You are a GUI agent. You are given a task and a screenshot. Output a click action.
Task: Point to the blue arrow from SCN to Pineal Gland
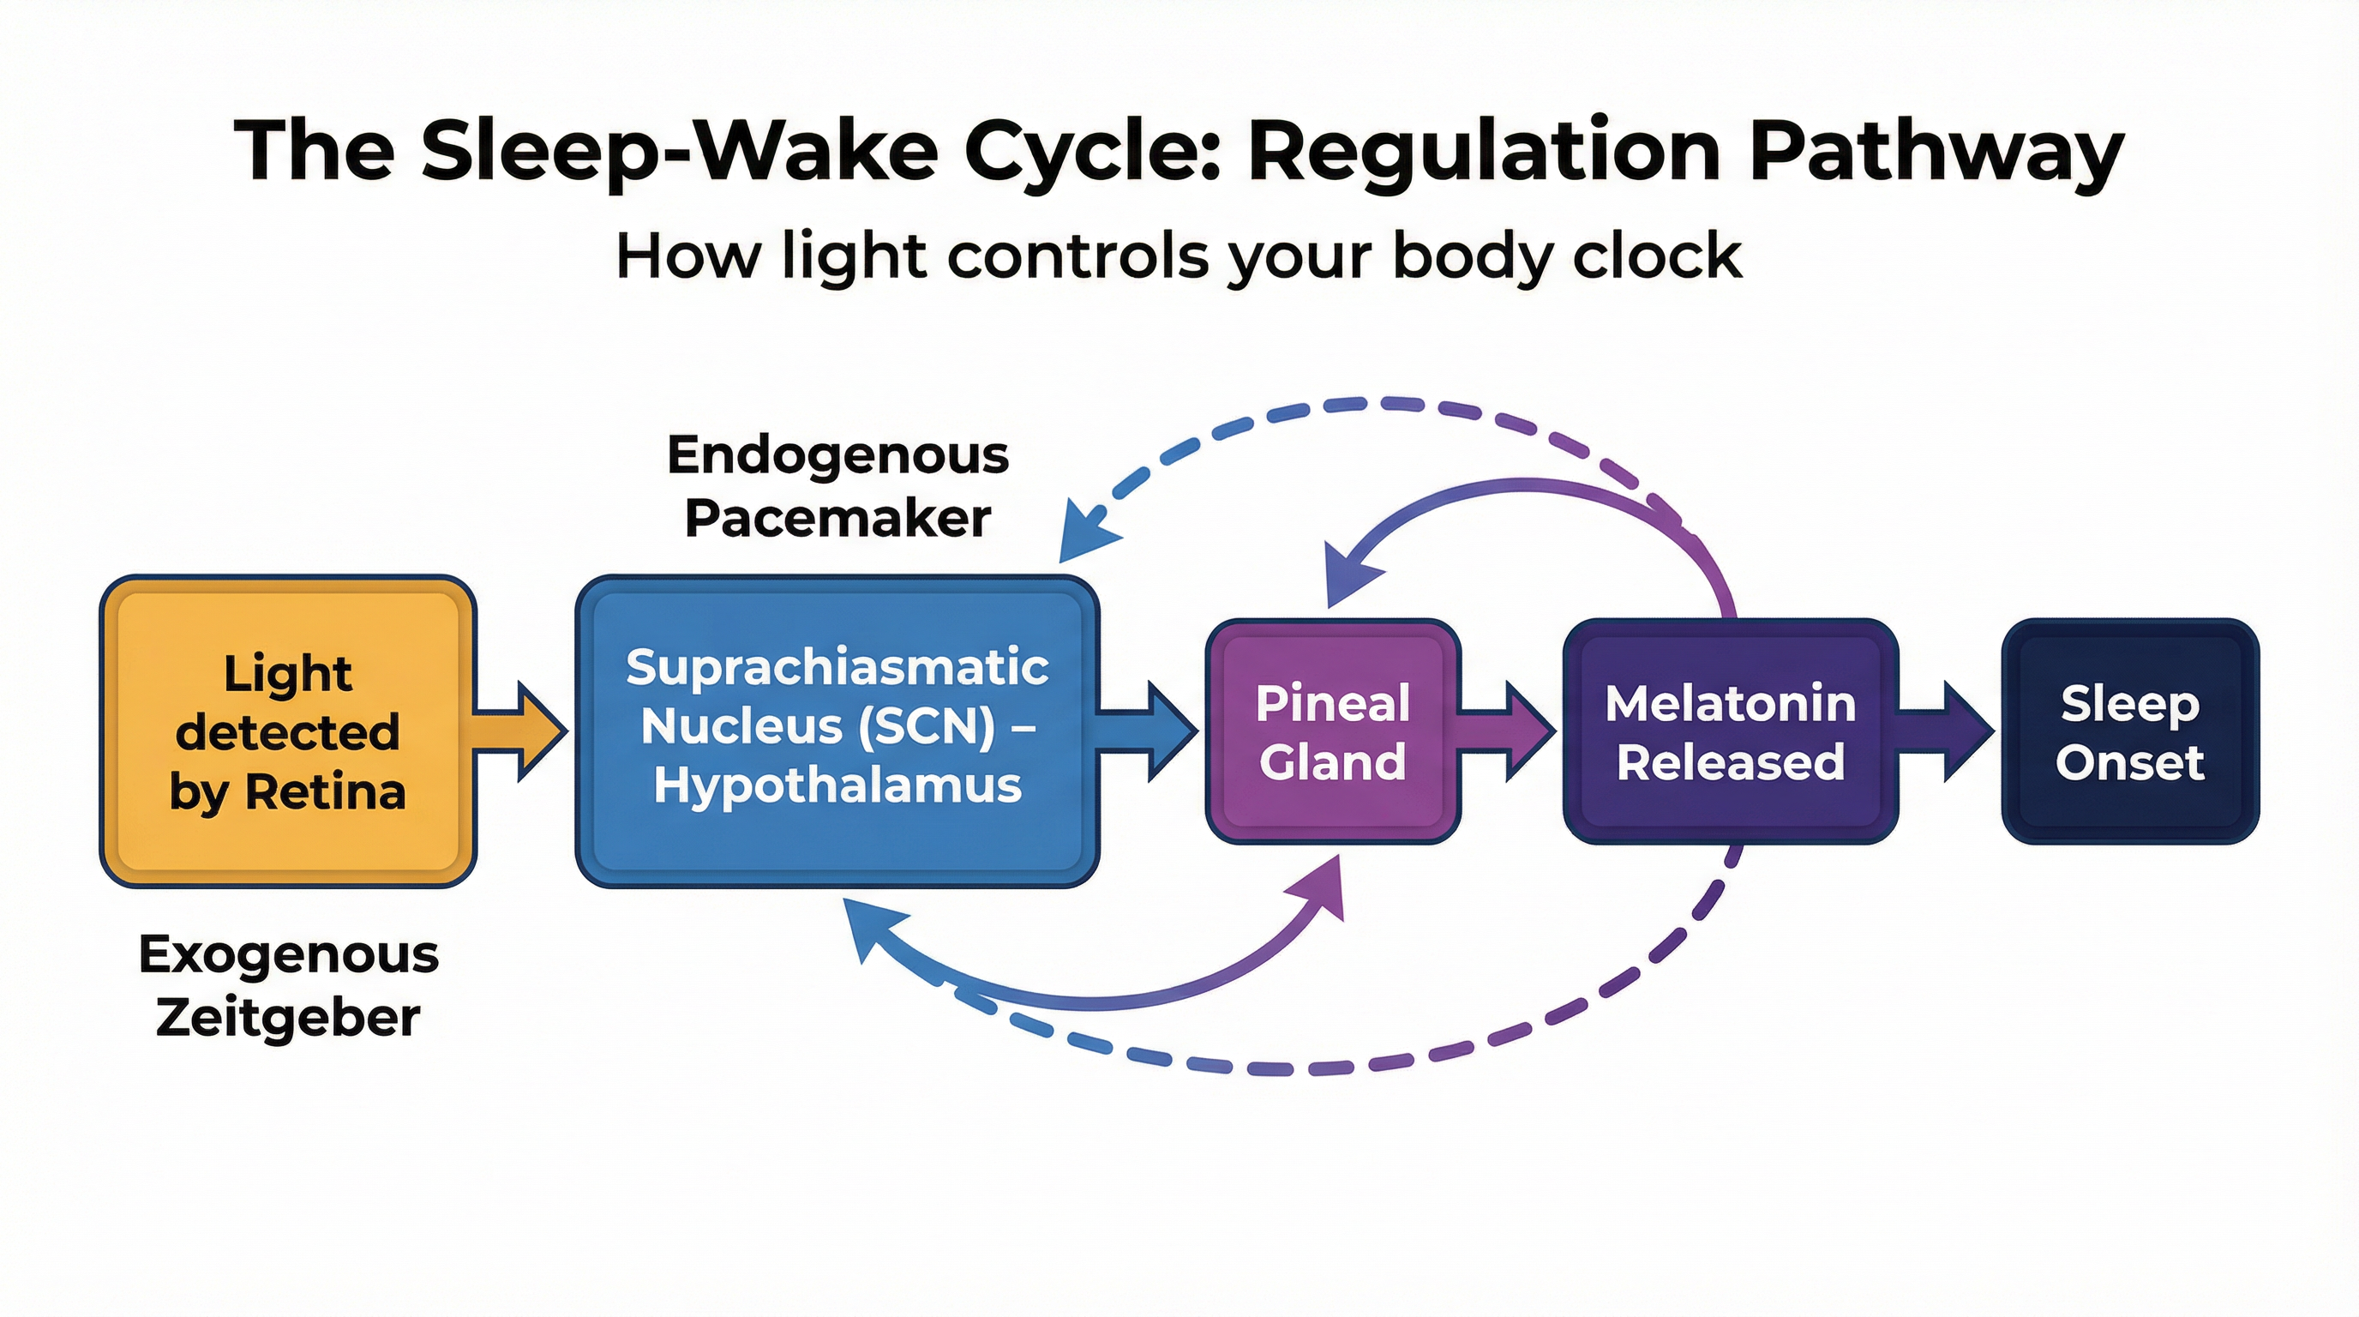coord(1150,731)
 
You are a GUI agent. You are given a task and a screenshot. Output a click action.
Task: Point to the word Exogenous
coord(289,954)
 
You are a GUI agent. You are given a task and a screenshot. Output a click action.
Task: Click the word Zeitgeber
coord(289,1018)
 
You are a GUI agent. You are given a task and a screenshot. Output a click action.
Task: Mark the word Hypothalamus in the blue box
coord(837,785)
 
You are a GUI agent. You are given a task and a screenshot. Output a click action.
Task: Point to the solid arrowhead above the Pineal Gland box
coord(1348,577)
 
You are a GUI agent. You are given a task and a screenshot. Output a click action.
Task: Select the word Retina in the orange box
coord(325,792)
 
